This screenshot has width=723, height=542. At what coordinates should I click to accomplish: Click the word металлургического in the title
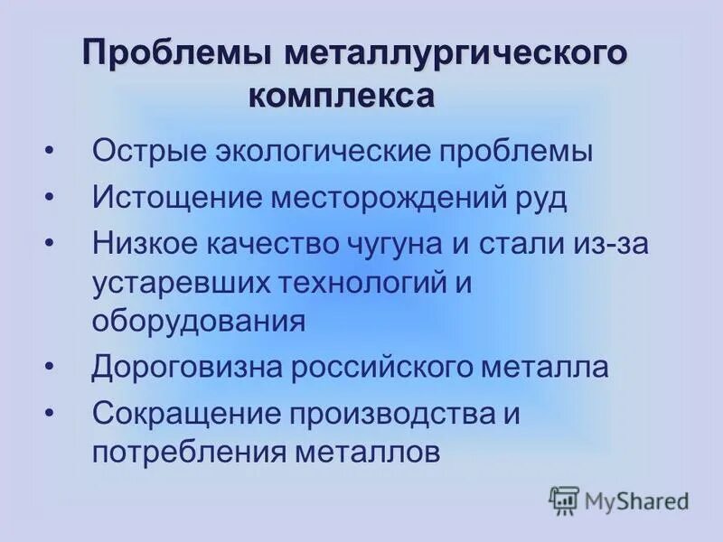(455, 53)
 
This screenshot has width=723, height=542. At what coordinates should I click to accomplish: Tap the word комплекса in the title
(341, 95)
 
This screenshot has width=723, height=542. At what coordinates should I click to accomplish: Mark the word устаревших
(181, 284)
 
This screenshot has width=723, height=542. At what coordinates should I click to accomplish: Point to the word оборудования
(198, 322)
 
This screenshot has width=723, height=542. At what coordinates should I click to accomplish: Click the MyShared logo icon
(564, 500)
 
